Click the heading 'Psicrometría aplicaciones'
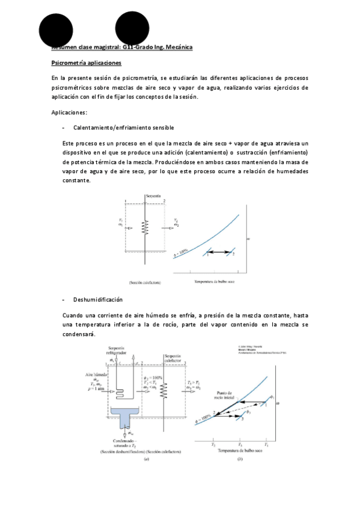pyautogui.click(x=87, y=63)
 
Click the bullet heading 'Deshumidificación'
pyautogui.click(x=97, y=300)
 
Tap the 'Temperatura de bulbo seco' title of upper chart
pyautogui.click(x=215, y=281)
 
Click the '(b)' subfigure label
pyautogui.click(x=239, y=459)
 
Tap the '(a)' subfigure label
pyautogui.click(x=145, y=459)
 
